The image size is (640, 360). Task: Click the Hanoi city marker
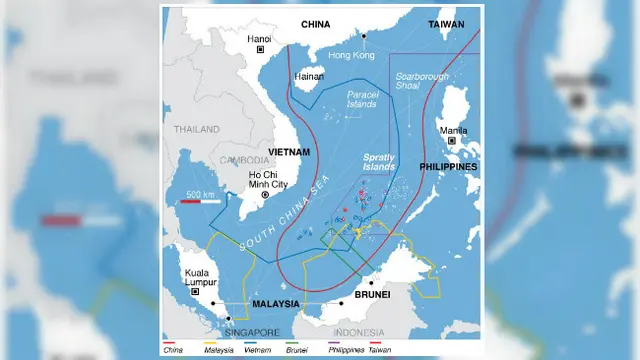(x=261, y=49)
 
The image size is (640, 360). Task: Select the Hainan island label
(x=309, y=76)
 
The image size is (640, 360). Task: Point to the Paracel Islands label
(x=362, y=98)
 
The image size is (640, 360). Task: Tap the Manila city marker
(x=451, y=141)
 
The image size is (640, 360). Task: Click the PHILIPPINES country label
(x=447, y=166)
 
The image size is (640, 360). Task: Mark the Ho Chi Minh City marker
(x=265, y=196)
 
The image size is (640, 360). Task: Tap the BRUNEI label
(x=370, y=296)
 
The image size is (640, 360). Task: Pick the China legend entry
(x=176, y=350)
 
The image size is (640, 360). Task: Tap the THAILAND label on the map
(x=196, y=129)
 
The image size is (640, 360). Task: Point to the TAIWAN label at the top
(x=447, y=23)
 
